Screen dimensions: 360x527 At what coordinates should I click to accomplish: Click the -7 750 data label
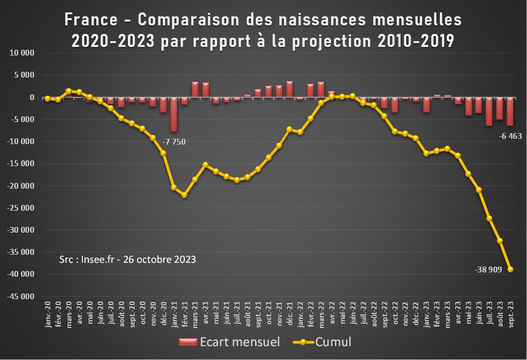coord(174,142)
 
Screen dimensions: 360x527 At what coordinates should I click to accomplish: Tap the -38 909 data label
coord(488,270)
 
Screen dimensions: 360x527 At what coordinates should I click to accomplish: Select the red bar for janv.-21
coord(174,114)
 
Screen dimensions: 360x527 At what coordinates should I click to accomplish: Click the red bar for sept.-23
coord(510,112)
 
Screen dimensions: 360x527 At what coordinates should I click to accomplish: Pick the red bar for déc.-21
coord(289,90)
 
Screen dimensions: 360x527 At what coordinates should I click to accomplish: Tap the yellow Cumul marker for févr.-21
coord(184,195)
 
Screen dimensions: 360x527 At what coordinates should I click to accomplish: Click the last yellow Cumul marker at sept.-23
coord(510,270)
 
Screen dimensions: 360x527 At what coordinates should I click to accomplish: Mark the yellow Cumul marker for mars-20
coord(69,91)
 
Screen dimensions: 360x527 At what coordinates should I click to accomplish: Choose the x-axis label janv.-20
coord(48,315)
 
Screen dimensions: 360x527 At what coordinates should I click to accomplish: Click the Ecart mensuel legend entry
coord(229,342)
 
